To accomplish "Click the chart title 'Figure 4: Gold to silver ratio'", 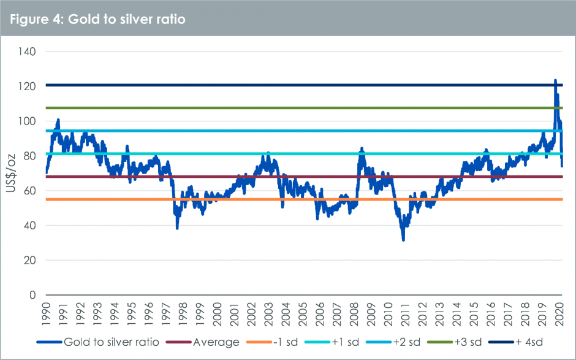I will (x=97, y=19).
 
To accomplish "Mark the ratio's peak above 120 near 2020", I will (x=555, y=80).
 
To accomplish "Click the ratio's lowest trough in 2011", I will (x=403, y=240).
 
